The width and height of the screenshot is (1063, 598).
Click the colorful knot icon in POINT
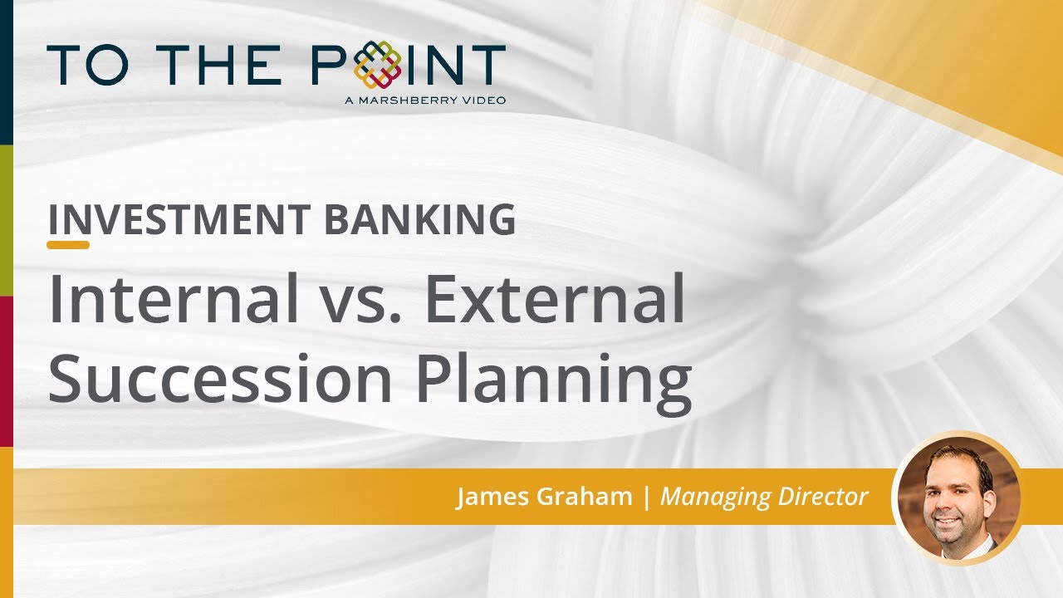[377, 66]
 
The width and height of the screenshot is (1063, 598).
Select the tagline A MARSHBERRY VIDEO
[424, 100]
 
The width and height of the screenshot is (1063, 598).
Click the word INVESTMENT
[179, 218]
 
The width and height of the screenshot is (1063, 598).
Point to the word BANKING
[419, 218]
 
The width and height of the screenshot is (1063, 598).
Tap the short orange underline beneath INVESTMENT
[68, 245]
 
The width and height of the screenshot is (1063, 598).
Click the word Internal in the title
[174, 300]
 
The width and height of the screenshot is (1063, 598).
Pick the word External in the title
[555, 300]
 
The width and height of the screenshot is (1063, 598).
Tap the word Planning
[553, 380]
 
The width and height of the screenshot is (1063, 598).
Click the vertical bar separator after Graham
[647, 497]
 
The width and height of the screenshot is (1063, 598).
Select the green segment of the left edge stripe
[6, 219]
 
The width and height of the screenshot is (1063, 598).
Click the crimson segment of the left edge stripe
[6, 370]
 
